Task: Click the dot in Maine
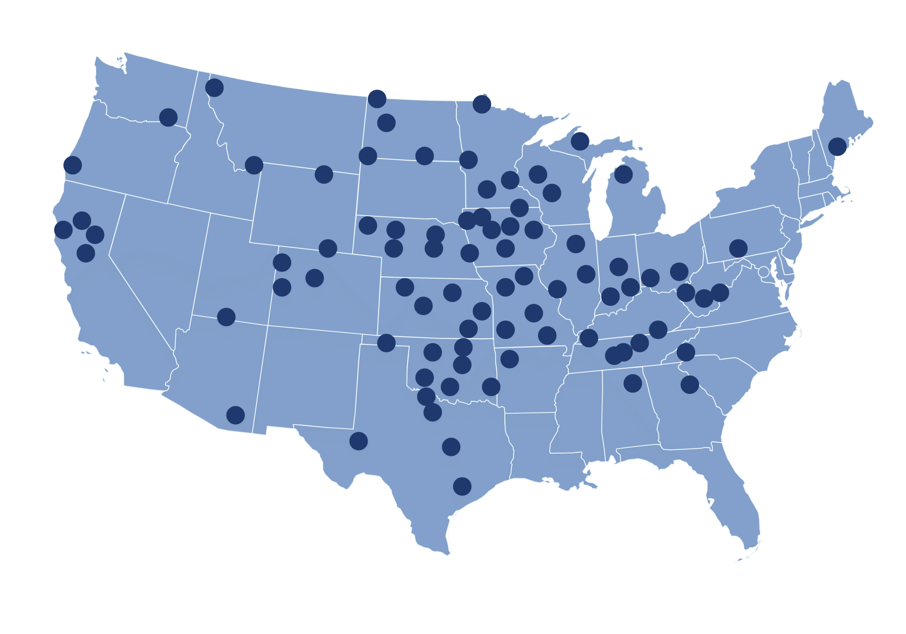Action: (x=837, y=147)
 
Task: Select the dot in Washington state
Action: (x=168, y=117)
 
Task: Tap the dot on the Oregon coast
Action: (x=73, y=165)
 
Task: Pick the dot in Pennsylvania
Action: (x=738, y=248)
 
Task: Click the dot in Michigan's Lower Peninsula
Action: (x=624, y=174)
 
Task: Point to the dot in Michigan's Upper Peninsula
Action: (x=580, y=141)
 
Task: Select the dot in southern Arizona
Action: (x=236, y=415)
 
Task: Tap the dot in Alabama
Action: (x=632, y=383)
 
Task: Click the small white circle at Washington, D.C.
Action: (x=763, y=272)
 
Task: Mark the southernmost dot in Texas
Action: (x=462, y=486)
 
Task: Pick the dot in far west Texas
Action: (x=358, y=441)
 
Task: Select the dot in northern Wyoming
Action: (x=323, y=174)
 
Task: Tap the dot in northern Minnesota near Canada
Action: (x=482, y=104)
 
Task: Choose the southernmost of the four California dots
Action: (x=86, y=253)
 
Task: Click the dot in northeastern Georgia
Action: (x=690, y=384)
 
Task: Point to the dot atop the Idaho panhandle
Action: (x=214, y=88)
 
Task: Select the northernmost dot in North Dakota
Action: (x=377, y=99)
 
